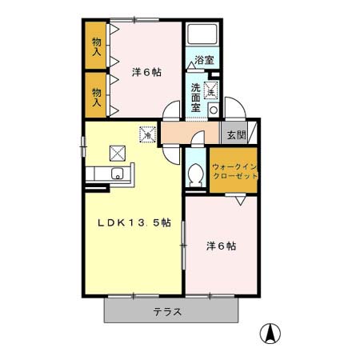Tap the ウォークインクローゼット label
[234, 170]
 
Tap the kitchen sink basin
[117, 174]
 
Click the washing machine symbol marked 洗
[211, 90]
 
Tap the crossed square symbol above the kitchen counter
[117, 150]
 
